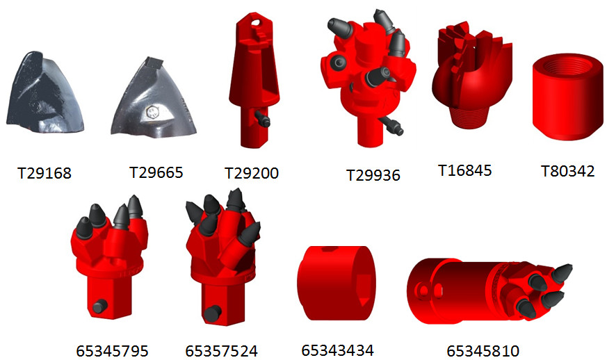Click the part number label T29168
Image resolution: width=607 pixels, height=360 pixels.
tap(44, 173)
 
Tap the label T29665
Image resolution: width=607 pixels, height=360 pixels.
tap(156, 172)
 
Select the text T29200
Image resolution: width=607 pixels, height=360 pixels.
tap(252, 173)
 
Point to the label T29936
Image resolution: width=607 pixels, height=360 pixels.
tap(373, 175)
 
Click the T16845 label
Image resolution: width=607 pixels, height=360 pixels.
tap(464, 170)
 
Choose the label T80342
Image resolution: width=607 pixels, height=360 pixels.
tap(567, 171)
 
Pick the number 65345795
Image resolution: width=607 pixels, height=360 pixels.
tap(112, 351)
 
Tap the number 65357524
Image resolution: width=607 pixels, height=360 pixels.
tap(221, 351)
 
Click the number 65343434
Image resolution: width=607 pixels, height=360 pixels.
tap(337, 350)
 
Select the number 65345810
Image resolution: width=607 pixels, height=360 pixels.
tap(483, 351)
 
